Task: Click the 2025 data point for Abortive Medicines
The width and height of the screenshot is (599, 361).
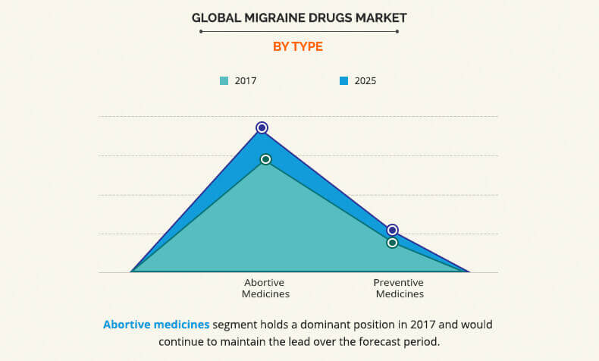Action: pyautogui.click(x=262, y=127)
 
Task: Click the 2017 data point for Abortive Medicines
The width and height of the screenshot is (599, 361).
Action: pyautogui.click(x=265, y=159)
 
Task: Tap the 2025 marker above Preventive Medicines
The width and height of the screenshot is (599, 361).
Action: pyautogui.click(x=392, y=230)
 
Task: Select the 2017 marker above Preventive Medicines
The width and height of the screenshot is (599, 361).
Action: pyautogui.click(x=392, y=243)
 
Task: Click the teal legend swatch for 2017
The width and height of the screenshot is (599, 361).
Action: pyautogui.click(x=224, y=80)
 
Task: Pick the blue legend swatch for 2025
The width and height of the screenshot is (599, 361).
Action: pyautogui.click(x=343, y=80)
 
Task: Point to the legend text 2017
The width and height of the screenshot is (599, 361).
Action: pyautogui.click(x=245, y=80)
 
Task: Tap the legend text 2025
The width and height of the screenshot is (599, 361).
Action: pyautogui.click(x=364, y=80)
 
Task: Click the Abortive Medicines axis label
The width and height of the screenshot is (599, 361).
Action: pyautogui.click(x=265, y=288)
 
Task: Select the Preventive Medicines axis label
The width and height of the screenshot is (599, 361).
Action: pyautogui.click(x=399, y=288)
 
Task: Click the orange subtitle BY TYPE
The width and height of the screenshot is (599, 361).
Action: pyautogui.click(x=298, y=46)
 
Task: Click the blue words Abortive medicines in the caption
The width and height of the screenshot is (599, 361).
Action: pyautogui.click(x=155, y=325)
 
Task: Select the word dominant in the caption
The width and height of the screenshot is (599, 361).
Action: pyautogui.click(x=315, y=325)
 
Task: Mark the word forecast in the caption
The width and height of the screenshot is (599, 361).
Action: pyautogui.click(x=381, y=341)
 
